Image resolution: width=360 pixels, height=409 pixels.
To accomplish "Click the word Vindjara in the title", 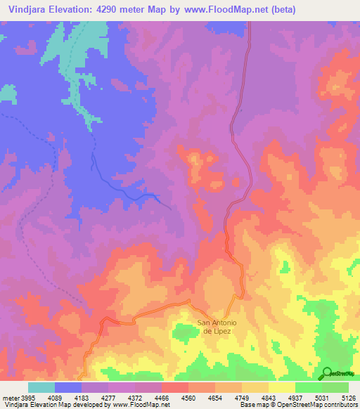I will click(x=28, y=10).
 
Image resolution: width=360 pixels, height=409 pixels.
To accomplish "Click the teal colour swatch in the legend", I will click(x=41, y=388).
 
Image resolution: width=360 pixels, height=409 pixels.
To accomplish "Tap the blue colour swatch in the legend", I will click(x=68, y=388).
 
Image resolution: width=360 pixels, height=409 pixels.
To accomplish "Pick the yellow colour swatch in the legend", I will click(x=282, y=388).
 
